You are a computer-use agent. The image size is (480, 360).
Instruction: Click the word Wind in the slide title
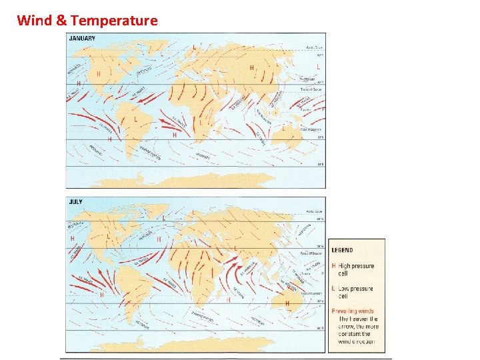click(33, 20)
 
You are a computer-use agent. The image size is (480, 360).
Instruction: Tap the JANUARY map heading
click(83, 38)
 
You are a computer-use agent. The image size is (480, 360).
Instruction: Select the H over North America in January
click(99, 74)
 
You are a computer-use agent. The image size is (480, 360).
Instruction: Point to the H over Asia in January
click(252, 67)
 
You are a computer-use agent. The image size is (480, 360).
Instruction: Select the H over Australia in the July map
click(287, 303)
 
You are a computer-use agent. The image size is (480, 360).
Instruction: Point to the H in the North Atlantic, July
click(159, 238)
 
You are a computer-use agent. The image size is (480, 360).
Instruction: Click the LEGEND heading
click(343, 251)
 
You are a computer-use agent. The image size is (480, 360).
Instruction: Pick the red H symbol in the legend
click(334, 266)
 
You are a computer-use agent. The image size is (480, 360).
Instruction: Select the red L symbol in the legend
click(334, 289)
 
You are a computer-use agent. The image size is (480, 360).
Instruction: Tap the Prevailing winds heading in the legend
click(353, 311)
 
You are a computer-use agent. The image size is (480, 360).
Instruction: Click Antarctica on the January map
click(200, 179)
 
